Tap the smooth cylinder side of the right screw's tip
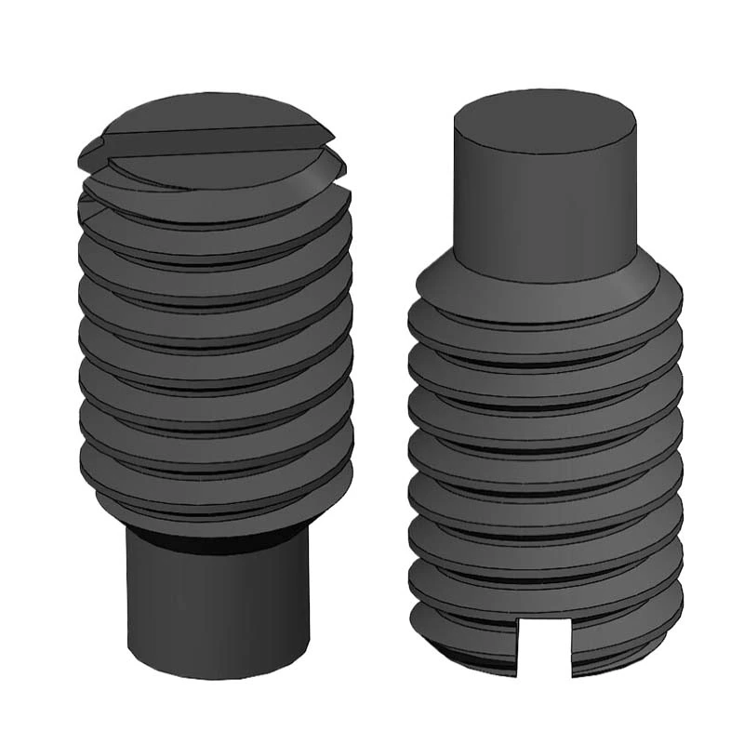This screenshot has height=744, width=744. tap(545, 205)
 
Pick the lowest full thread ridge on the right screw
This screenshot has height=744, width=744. tap(545, 595)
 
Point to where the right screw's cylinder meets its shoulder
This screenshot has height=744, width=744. tap(545, 276)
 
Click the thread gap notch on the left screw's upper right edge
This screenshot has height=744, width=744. tap(346, 182)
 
